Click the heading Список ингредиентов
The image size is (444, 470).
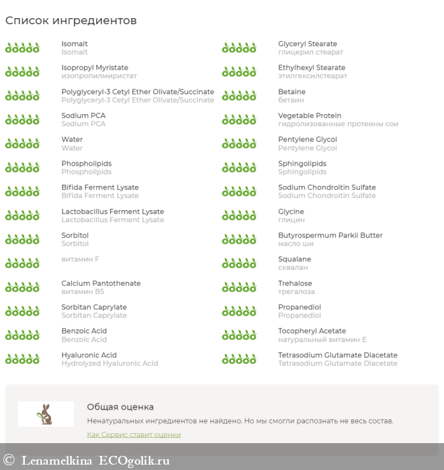pos(71,21)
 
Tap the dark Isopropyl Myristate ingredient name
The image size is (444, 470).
pos(95,68)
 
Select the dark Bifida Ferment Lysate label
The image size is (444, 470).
pos(100,187)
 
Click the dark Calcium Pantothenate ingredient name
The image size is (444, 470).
pos(101,283)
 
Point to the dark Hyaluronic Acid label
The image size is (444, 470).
pos(89,355)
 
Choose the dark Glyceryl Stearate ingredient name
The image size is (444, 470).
pos(308,44)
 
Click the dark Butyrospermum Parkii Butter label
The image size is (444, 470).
pos(330,236)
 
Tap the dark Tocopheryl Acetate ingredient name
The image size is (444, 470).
pos(312,331)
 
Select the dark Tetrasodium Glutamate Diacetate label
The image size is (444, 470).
pos(338,355)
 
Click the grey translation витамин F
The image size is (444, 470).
pos(81,259)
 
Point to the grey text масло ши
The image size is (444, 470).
pos(296,244)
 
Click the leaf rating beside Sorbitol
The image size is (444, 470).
pos(22,240)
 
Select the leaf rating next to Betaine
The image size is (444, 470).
pos(239,96)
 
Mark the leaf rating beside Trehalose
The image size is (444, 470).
pos(239,287)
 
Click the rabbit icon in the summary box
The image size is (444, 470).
pos(46,414)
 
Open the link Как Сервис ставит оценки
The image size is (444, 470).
pos(134,434)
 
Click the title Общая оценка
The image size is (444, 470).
pos(120,407)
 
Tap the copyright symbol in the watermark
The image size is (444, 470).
pos(9,461)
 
